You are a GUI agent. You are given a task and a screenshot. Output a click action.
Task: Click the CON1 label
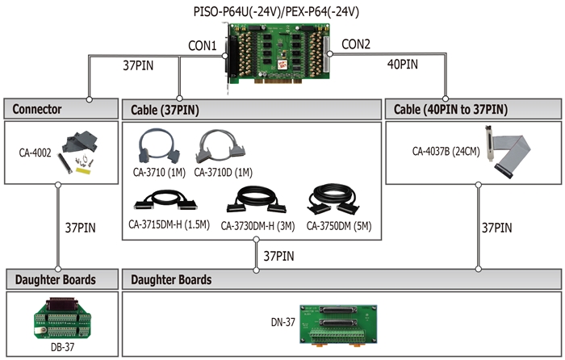point(202,46)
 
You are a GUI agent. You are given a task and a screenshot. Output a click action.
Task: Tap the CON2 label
point(356,44)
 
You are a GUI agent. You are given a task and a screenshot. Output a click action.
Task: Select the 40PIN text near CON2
point(403,65)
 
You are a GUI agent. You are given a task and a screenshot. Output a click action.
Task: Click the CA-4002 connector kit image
point(79,153)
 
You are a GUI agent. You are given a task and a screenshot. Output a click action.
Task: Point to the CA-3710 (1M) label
point(159,172)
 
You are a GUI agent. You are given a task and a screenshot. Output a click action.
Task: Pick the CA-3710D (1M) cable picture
point(220,147)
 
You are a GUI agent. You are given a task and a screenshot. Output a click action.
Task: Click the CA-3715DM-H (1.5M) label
point(169,225)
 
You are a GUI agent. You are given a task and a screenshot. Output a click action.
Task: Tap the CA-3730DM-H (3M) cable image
point(257,200)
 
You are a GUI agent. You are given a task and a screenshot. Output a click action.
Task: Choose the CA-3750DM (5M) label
point(339,226)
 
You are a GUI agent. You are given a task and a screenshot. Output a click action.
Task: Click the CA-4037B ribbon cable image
point(508,152)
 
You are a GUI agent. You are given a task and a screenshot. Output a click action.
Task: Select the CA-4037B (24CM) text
point(446,152)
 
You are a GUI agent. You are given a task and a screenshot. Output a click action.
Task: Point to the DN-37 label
point(282,322)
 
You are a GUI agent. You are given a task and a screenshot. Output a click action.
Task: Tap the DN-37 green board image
point(339,326)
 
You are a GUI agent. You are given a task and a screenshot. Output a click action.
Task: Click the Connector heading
point(37,109)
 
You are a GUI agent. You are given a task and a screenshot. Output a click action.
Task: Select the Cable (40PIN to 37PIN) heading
point(450,109)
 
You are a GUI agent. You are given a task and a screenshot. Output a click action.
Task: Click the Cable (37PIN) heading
point(165,110)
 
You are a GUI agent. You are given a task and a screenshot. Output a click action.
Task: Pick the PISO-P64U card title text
point(276,12)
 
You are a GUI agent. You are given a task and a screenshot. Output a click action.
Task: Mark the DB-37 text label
point(62,347)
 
